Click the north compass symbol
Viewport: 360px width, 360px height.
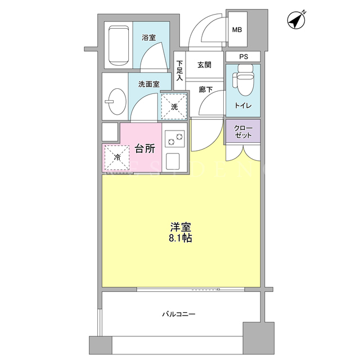[x=296, y=20]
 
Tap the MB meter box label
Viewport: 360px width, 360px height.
[x=237, y=30]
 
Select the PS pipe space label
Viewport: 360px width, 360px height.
[x=244, y=57]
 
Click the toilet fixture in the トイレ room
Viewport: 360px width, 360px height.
[x=243, y=80]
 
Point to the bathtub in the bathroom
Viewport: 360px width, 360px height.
[x=118, y=46]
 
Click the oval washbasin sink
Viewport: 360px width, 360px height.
[x=116, y=101]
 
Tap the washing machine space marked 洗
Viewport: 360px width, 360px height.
[x=174, y=106]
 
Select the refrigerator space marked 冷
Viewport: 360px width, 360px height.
[x=117, y=157]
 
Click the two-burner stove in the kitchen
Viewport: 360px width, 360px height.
[x=174, y=139]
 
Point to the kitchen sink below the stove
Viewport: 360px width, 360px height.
[x=173, y=161]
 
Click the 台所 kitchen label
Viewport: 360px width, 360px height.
[x=145, y=148]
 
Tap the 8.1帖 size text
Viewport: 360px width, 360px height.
[x=181, y=238]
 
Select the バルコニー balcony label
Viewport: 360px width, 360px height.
[x=179, y=314]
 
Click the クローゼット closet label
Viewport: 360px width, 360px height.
[x=243, y=132]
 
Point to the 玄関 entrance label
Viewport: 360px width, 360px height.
[x=204, y=65]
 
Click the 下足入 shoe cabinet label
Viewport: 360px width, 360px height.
[x=179, y=70]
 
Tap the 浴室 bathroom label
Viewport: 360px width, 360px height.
[x=148, y=38]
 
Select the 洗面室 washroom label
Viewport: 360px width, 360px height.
[x=148, y=84]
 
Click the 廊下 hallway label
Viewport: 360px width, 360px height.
[x=206, y=89]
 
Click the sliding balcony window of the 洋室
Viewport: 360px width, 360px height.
[x=191, y=290]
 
